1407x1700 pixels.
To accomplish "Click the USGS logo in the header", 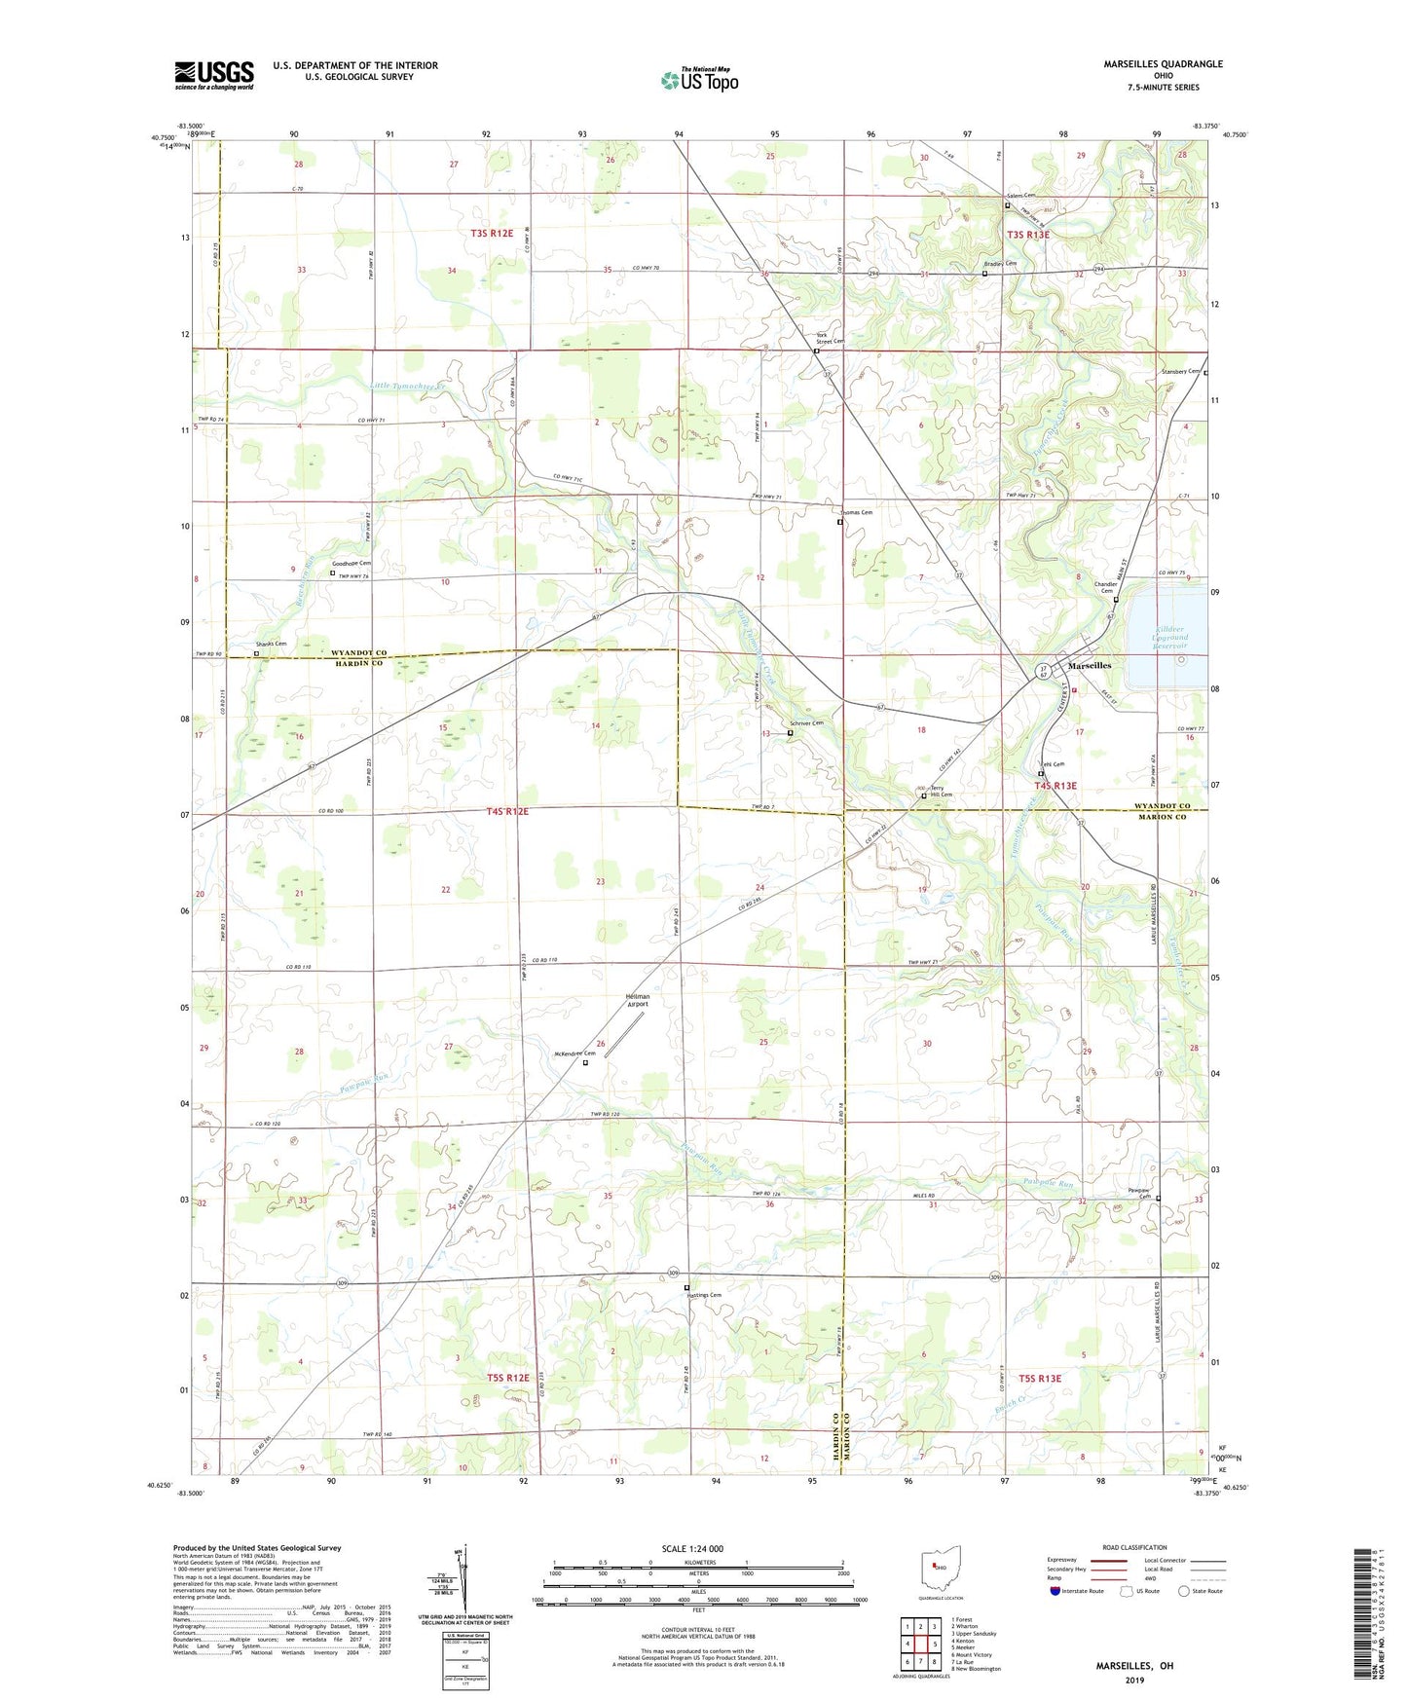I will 214,75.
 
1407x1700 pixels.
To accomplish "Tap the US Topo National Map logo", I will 699,79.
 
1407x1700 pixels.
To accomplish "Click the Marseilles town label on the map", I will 1090,666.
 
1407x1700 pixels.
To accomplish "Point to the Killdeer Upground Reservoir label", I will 1158,638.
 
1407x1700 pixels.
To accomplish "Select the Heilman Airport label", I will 637,1000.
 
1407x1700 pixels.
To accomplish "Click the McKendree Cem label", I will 574,1053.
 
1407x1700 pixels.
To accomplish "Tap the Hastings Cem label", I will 704,1295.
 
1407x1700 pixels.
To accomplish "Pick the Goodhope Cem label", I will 352,564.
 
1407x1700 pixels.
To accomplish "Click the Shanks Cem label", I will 271,645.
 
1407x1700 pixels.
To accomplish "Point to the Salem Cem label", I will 1020,196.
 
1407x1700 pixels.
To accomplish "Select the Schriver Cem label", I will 806,723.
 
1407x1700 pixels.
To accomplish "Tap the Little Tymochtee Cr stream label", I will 407,387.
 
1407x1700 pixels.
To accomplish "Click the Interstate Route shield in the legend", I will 1055,1591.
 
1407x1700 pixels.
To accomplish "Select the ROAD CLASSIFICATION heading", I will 1133,1547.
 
